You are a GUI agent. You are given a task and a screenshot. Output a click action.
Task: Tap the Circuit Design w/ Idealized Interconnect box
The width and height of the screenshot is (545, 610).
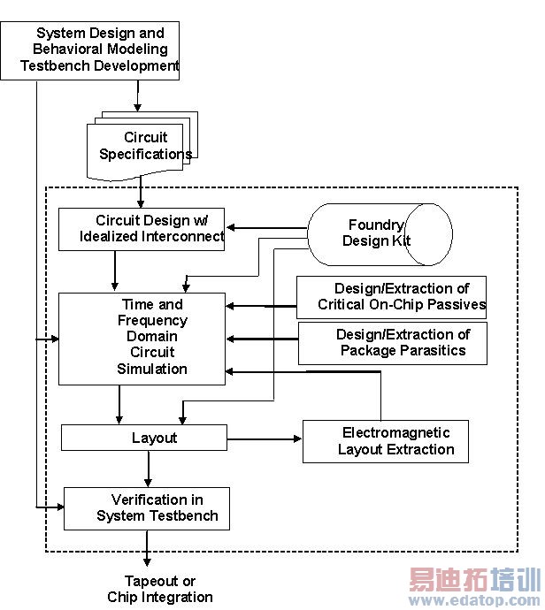click(142, 229)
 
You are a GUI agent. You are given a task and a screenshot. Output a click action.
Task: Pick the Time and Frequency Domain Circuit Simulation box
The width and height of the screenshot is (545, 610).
click(142, 338)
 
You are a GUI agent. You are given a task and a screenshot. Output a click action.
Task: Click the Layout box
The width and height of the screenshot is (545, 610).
click(143, 438)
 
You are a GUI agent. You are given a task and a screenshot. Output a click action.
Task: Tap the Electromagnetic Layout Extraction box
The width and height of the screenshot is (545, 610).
click(385, 440)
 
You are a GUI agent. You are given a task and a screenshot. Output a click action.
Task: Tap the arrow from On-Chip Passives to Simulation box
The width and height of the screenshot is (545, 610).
click(261, 306)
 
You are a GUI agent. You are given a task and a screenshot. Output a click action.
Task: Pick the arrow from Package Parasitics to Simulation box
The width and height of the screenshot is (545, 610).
click(261, 338)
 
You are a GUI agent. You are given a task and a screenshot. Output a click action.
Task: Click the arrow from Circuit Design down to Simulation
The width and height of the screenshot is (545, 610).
click(116, 271)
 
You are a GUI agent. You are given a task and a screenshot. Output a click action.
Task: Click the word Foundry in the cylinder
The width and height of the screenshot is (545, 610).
click(376, 225)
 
